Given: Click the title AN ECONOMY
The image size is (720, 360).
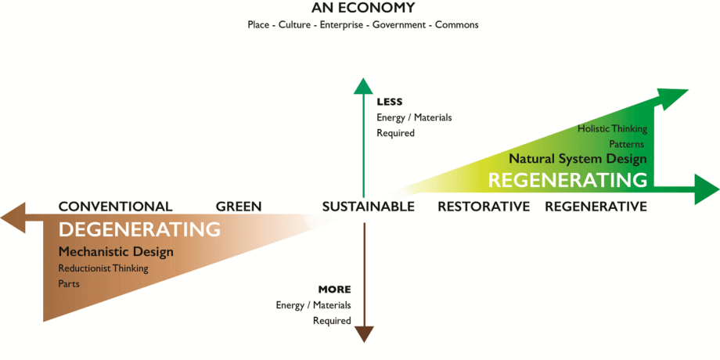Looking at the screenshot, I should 363,9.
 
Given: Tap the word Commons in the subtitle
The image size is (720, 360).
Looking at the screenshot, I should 456,25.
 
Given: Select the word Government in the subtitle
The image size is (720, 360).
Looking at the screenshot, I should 398,25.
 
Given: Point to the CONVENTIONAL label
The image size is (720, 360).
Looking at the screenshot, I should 115,207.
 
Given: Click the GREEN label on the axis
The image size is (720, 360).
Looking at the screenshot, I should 239,207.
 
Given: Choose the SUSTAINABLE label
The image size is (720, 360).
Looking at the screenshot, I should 368,207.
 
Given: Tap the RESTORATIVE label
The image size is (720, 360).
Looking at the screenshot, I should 484,207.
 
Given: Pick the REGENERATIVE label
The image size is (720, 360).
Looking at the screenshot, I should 596,207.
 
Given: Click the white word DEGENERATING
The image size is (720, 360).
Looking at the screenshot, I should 139,230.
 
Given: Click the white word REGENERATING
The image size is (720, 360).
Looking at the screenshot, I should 567,180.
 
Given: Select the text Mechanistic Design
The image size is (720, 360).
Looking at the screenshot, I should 116,252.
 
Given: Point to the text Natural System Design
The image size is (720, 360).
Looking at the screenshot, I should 578,159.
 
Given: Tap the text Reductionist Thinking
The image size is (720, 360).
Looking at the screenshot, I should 103,268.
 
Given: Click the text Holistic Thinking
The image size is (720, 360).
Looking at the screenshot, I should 612,128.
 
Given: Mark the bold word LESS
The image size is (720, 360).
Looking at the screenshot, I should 389,102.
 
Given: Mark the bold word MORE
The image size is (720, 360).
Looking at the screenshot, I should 334,290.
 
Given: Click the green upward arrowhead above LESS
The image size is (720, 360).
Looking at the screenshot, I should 363,85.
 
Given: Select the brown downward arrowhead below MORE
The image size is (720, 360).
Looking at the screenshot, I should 364,334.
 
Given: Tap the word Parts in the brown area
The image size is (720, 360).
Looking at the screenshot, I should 69,283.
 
